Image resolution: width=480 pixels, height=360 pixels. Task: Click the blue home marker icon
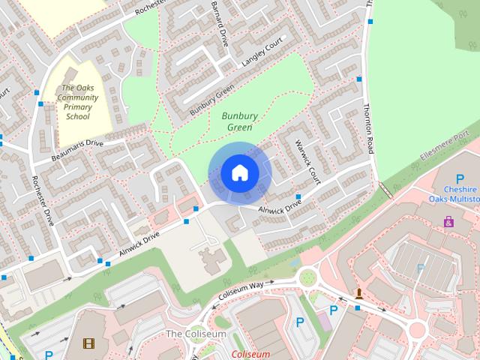pos(240,173)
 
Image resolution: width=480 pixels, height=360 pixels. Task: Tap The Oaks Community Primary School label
pos(77,102)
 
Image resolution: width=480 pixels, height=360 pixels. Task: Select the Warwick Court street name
pos(307,159)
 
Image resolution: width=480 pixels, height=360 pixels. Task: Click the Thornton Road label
pos(367,127)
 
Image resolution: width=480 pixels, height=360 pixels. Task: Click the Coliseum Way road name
pos(241,290)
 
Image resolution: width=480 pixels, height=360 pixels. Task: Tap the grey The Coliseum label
pos(196,333)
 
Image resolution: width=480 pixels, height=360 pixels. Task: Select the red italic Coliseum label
pos(250,354)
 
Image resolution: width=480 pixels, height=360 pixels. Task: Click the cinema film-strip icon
pos(88,344)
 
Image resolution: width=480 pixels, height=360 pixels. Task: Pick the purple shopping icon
pos(448,222)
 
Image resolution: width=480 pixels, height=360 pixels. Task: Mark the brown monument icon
pos(360,293)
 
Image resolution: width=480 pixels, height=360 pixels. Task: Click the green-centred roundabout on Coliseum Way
pos(307,280)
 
